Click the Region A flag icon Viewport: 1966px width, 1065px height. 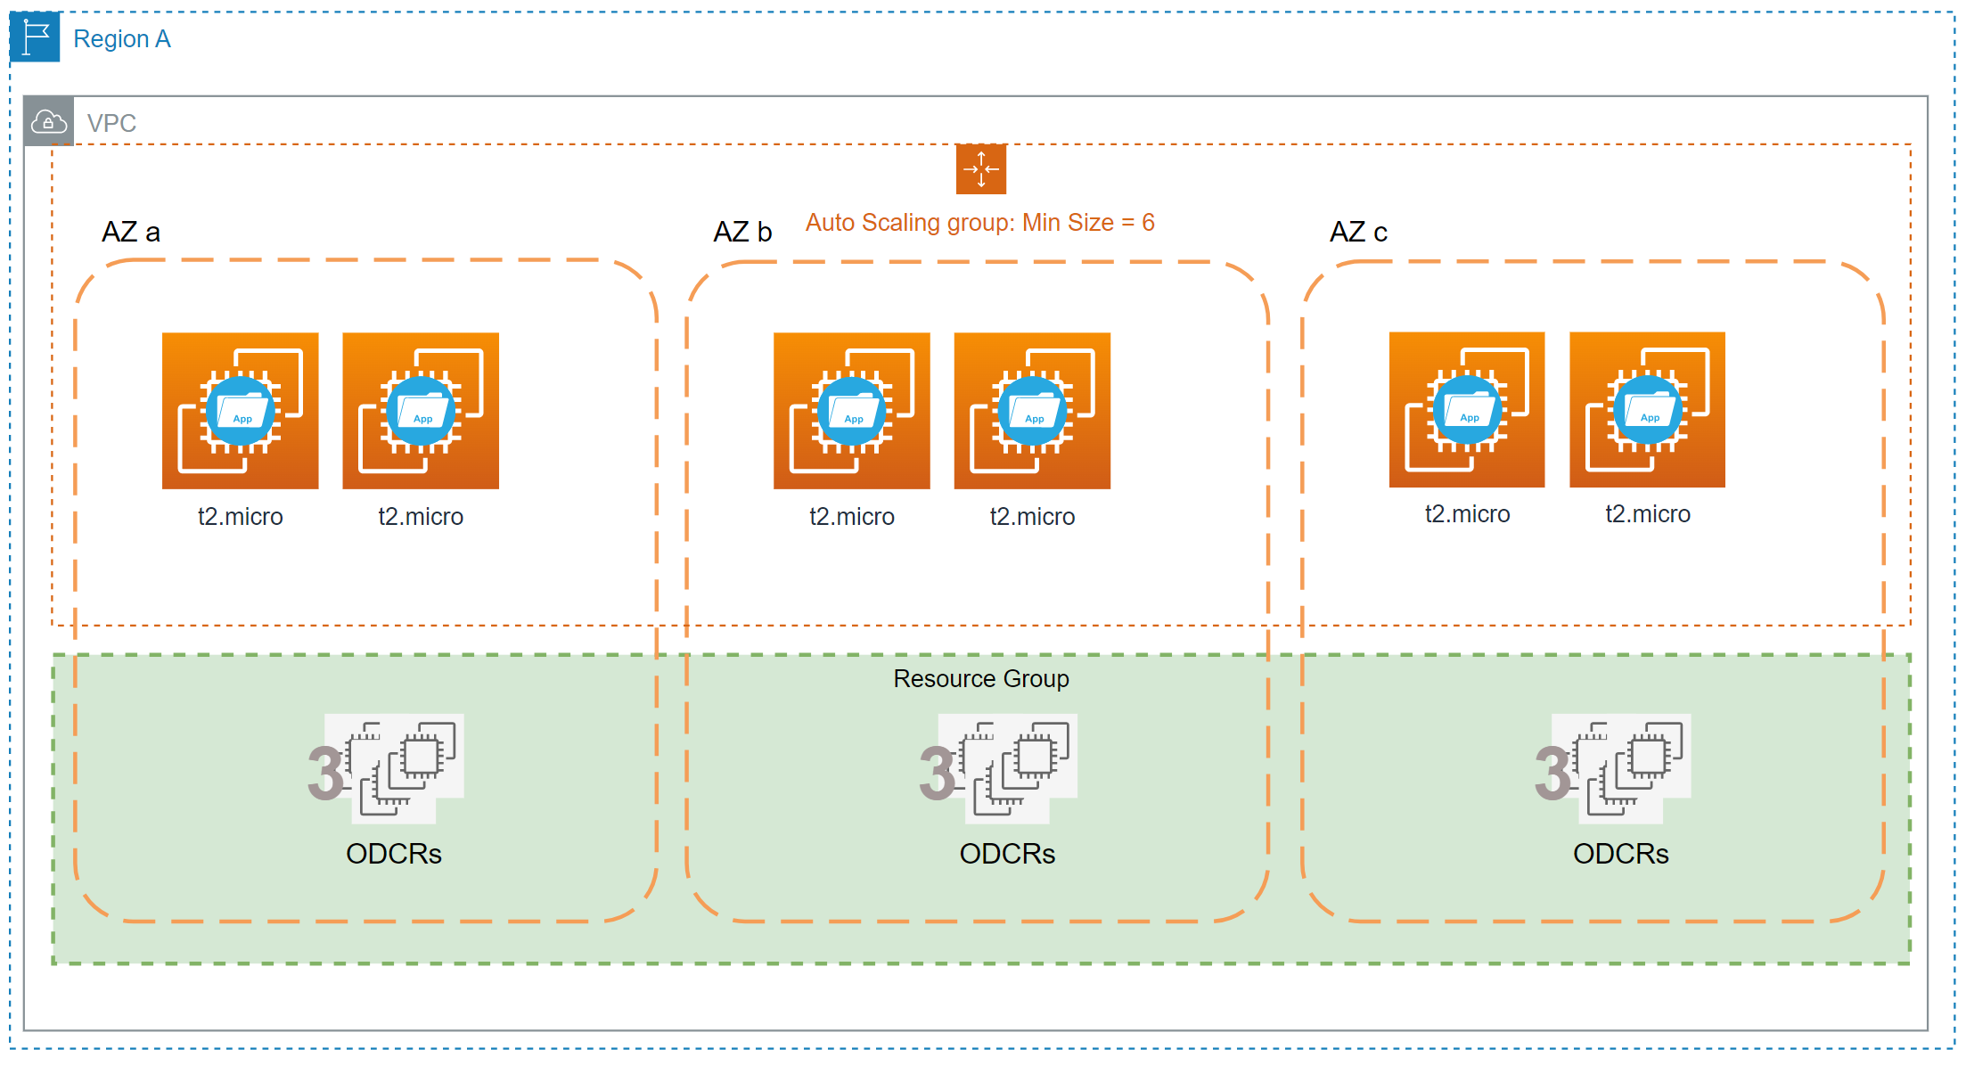[x=35, y=37]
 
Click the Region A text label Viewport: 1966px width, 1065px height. [x=122, y=39]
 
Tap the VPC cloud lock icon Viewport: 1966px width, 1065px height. [x=48, y=121]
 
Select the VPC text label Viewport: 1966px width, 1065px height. [x=111, y=123]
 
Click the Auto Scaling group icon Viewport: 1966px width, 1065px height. [x=981, y=168]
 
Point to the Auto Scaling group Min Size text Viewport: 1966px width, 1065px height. [x=980, y=223]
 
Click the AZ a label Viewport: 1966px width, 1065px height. [x=131, y=233]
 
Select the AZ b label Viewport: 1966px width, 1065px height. [x=742, y=233]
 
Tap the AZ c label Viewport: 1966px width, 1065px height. [x=1358, y=233]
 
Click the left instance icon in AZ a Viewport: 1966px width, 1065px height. [x=241, y=411]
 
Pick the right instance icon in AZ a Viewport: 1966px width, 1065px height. [x=421, y=411]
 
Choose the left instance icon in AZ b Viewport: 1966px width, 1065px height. [x=852, y=411]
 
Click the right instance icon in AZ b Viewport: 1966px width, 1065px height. [x=1032, y=411]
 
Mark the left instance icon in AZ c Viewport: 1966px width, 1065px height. [x=1467, y=410]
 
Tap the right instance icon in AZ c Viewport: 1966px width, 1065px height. [x=1647, y=410]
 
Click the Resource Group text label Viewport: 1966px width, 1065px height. [x=981, y=679]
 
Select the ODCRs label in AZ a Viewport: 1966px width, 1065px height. [x=394, y=854]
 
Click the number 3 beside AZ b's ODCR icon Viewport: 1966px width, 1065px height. [x=938, y=774]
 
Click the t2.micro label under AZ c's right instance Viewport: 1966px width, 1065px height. [x=1648, y=514]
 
